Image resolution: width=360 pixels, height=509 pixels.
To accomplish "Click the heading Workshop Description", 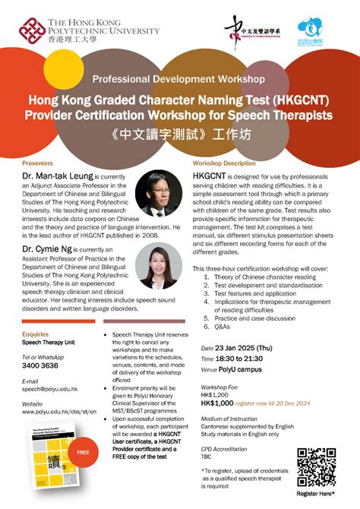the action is [x=224, y=163].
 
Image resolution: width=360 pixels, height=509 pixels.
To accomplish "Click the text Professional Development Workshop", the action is [x=178, y=79].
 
